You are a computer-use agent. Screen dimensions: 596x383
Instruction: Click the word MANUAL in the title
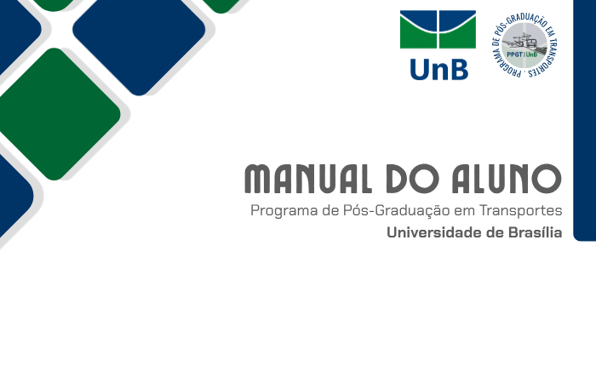click(x=308, y=179)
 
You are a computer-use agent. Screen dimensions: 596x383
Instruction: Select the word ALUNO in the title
click(x=507, y=179)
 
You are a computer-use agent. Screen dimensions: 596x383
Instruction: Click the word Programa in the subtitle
click(x=284, y=211)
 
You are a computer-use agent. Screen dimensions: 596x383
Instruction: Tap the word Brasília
click(x=536, y=232)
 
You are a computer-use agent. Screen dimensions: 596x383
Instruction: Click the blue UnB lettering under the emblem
click(x=439, y=70)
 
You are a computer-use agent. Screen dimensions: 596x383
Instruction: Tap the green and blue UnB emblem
click(x=438, y=29)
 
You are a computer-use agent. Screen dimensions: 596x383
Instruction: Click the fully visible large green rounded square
click(x=54, y=114)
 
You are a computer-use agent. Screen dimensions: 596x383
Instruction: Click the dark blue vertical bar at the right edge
click(x=585, y=120)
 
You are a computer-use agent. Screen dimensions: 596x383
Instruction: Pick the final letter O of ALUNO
click(x=547, y=179)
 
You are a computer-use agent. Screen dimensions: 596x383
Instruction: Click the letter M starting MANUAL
click(x=259, y=179)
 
